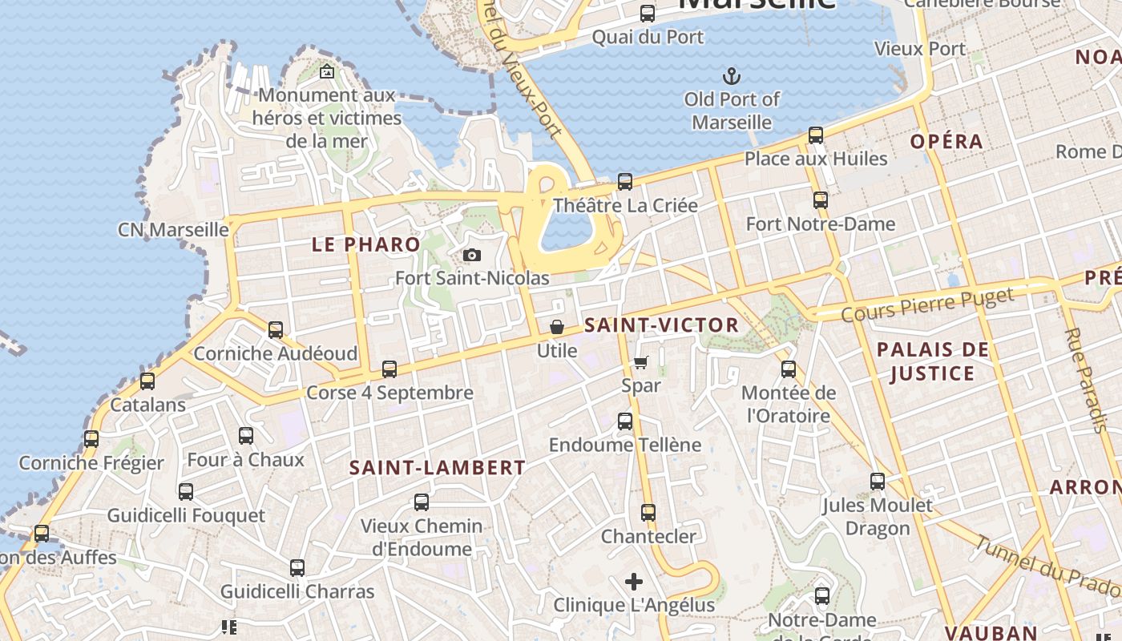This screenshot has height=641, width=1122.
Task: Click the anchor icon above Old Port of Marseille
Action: [731, 77]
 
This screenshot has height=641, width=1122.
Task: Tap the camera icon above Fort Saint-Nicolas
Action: [473, 256]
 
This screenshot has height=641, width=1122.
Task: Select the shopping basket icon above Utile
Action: [557, 327]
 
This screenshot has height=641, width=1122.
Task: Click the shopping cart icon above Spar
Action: [641, 362]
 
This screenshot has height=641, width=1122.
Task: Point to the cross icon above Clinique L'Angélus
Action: [634, 582]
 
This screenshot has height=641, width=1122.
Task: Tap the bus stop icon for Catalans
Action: [147, 381]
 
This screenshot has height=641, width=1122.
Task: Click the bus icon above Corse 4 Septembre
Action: [389, 369]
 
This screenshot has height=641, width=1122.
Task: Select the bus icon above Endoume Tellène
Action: [625, 421]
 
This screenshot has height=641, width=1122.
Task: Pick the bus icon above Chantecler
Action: [648, 513]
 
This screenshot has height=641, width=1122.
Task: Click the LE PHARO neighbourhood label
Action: [365, 245]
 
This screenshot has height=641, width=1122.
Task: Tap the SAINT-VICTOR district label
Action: [661, 325]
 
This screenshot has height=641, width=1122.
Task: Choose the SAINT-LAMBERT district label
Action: [438, 468]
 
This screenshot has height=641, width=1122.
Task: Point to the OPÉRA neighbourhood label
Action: [946, 142]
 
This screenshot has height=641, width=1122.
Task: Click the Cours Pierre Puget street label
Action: [927, 305]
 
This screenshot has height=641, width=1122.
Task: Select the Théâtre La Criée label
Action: [625, 205]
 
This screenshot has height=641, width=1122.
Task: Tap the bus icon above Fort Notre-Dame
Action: [821, 200]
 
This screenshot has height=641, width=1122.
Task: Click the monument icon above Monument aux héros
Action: [327, 72]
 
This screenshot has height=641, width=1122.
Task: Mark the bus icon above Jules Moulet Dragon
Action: [878, 482]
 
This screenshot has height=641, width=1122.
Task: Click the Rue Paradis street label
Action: [1085, 380]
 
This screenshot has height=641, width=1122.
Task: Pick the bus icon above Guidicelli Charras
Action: [297, 568]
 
